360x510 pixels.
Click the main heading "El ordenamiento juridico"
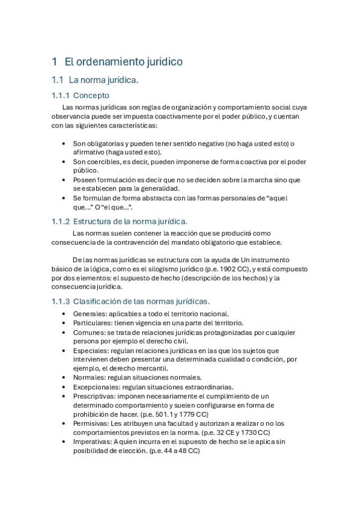click(x=123, y=61)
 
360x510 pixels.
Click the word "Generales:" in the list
click(x=90, y=314)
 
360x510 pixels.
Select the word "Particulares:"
click(x=93, y=323)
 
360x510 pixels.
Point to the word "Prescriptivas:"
click(x=94, y=396)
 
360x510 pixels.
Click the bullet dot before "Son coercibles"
click(x=64, y=162)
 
